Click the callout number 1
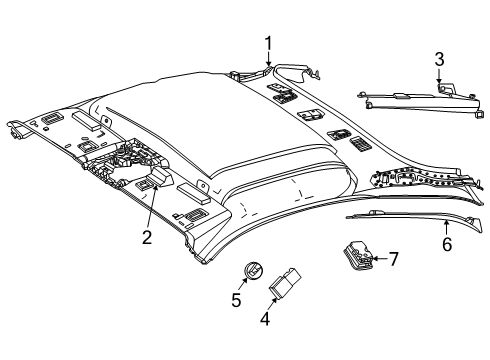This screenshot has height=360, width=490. [x=268, y=44]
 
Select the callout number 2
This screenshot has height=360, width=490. [x=147, y=237]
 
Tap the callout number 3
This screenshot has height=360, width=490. [x=439, y=59]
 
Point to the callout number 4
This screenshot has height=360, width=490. [x=265, y=319]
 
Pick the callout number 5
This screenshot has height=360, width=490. [x=236, y=300]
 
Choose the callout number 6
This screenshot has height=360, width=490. [x=447, y=244]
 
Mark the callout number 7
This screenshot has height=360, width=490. [x=394, y=259]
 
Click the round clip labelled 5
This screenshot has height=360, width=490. [x=252, y=269]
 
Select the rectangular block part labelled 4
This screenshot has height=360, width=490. [x=284, y=281]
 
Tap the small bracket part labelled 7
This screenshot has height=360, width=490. [x=358, y=254]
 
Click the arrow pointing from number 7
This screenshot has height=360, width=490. [x=380, y=258]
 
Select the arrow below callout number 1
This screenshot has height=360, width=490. [x=268, y=59]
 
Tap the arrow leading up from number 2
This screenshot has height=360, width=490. [x=152, y=208]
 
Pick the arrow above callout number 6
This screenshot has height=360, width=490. [x=446, y=228]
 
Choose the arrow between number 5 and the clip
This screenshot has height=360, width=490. [x=243, y=284]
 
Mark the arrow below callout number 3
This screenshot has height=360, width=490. [x=439, y=75]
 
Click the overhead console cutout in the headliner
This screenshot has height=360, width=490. [x=128, y=159]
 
